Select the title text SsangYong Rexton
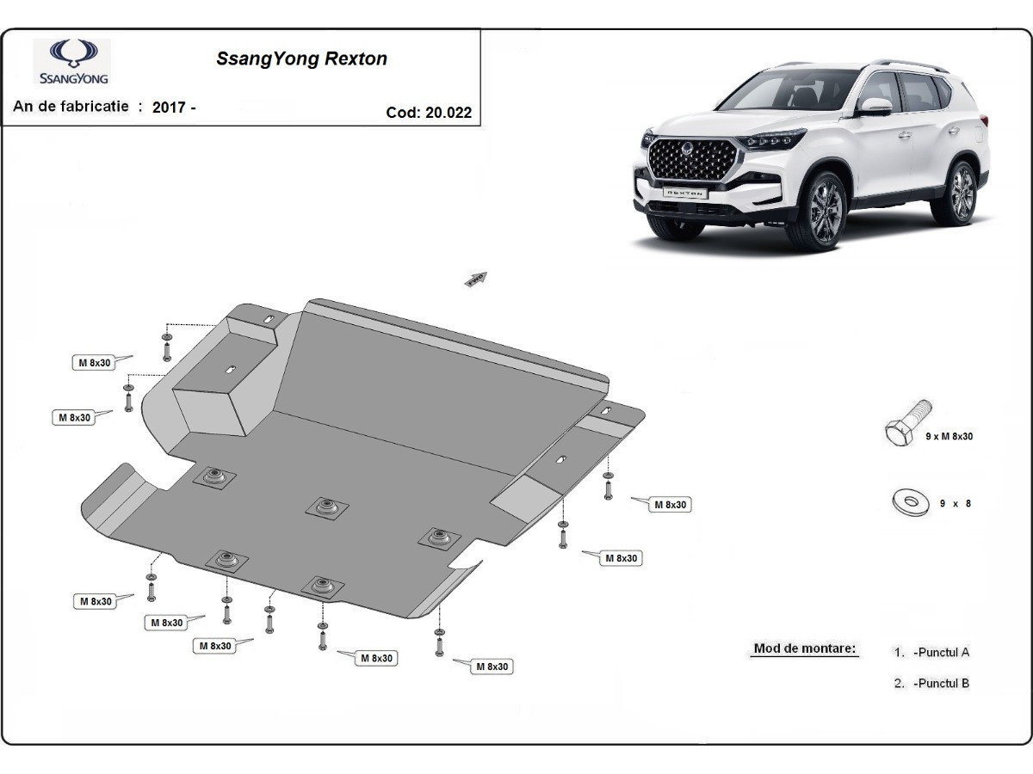coord(300,59)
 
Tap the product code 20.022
coord(448,113)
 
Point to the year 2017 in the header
coord(170,107)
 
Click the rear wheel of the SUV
coord(963,194)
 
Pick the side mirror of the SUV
coord(875,107)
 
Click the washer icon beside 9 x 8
coord(910,502)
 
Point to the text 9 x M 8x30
coord(949,437)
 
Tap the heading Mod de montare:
coord(805,648)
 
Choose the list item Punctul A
coord(942,652)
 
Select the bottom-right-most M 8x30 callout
coord(492,666)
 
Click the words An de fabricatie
coord(71,107)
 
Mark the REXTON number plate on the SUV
coord(684,193)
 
